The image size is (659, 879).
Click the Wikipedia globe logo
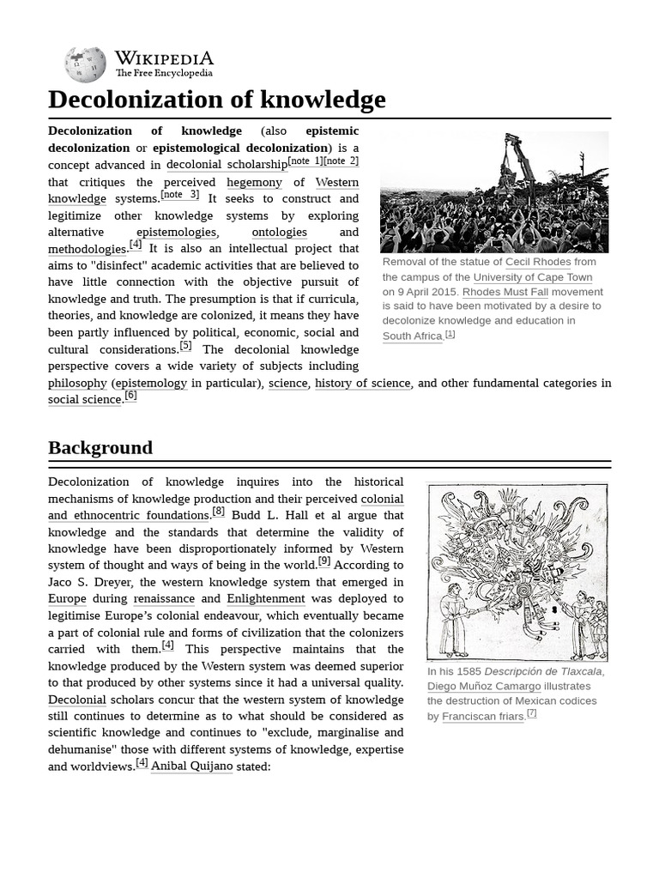coord(85,64)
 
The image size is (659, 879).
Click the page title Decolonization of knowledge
coord(216,100)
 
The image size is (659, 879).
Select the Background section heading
coord(100,447)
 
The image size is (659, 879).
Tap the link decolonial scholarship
coord(227,165)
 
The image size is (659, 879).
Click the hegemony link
coord(254,182)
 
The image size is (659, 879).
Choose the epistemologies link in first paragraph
coord(177,232)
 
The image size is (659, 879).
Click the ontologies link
coord(279,232)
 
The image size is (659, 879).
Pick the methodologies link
coord(88,249)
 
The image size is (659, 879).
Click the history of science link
coord(362,383)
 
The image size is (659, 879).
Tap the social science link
coord(85,399)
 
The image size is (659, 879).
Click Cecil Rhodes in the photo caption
coord(538,262)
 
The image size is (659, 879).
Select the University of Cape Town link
coord(532,277)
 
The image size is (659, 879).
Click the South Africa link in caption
coord(413,336)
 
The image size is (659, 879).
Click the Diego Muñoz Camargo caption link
coord(484,686)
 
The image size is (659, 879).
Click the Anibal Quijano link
coord(191,766)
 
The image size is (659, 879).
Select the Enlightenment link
coord(266,598)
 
